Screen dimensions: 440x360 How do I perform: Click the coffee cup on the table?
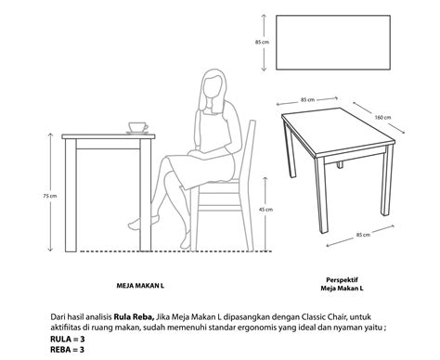coord(138,128)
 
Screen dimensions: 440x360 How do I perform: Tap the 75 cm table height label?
coord(49,196)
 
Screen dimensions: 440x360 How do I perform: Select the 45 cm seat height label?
coord(265,210)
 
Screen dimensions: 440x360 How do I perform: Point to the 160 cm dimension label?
coord(382,118)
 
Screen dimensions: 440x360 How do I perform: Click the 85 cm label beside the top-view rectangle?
coord(262,42)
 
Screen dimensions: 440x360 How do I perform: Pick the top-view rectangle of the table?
coord(333,43)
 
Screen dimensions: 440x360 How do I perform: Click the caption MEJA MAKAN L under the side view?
coord(140,286)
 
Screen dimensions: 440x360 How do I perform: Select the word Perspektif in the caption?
coord(342,280)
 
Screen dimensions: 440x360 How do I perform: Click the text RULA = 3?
coord(68,339)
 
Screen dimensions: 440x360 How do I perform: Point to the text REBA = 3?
coord(67,350)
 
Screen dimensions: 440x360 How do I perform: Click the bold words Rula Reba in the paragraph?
coord(134,316)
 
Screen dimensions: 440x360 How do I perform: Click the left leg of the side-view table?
coord(71,195)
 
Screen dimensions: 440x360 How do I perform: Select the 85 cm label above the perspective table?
coord(308,100)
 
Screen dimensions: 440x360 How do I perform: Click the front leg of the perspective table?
coord(321,195)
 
